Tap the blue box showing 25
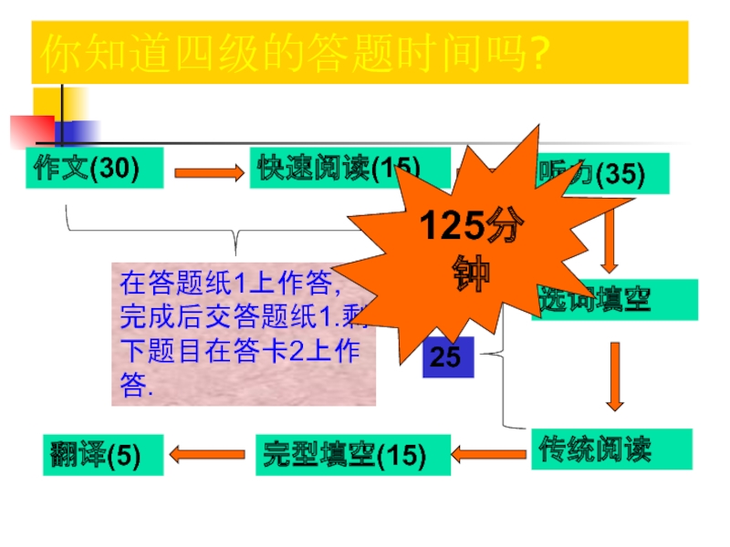point(448,356)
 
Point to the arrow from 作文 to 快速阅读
point(206,171)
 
